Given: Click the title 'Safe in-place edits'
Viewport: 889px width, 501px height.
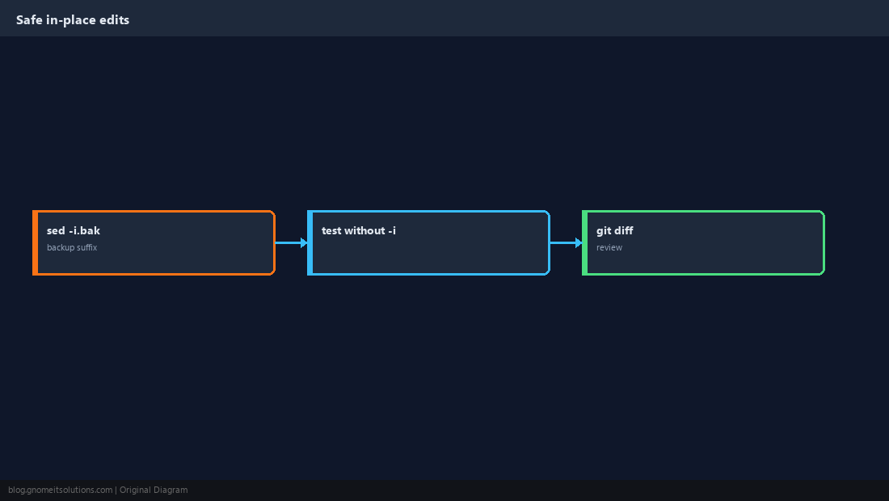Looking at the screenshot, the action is point(73,20).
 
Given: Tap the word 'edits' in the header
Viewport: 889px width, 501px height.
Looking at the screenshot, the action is point(115,20).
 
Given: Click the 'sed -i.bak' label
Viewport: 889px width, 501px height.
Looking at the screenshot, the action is point(73,230).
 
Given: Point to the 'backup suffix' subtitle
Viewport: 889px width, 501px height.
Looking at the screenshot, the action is point(72,247).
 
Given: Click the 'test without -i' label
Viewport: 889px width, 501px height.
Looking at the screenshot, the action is point(358,230).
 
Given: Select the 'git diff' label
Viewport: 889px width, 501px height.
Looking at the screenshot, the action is point(614,230).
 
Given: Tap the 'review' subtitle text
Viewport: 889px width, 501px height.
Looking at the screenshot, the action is point(609,247).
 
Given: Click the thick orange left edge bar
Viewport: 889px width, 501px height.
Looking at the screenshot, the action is point(35,242).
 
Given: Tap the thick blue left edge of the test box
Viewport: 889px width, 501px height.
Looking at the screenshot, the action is point(310,242).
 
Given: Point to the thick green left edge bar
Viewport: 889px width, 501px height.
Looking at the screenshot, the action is point(585,242).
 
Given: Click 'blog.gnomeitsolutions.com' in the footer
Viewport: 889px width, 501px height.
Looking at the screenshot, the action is point(60,490).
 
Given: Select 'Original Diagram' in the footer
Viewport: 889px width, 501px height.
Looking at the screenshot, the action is point(154,490).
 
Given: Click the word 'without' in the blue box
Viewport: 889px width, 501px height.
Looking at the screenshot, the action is point(364,230).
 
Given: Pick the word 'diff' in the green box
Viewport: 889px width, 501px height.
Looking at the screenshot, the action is point(624,230).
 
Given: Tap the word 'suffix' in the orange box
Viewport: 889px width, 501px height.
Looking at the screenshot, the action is point(86,247).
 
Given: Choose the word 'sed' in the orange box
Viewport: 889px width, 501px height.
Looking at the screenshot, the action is point(56,230).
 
